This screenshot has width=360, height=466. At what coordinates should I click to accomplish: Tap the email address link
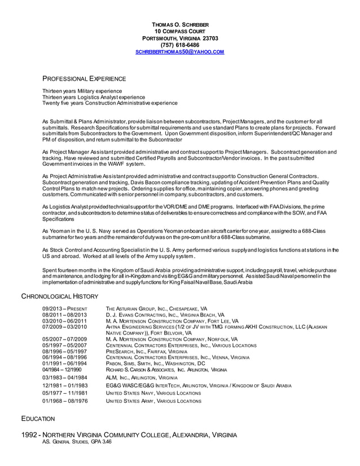[x=180, y=52]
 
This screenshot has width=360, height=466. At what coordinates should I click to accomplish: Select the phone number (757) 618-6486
[x=180, y=45]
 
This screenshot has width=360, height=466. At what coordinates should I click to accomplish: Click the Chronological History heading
[x=60, y=296]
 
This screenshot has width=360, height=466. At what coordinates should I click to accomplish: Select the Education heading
[x=38, y=419]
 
